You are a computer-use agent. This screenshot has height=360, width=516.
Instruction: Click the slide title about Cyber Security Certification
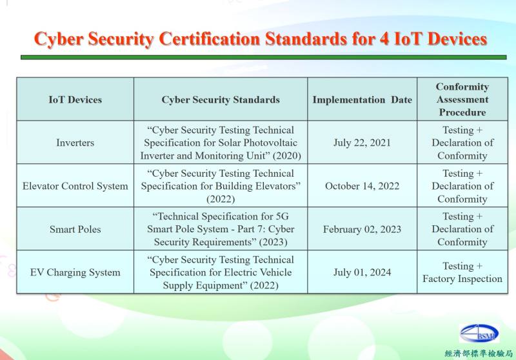[x=260, y=39]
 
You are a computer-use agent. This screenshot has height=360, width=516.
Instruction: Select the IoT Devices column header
[x=75, y=99]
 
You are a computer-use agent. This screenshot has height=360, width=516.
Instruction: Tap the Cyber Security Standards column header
[x=221, y=99]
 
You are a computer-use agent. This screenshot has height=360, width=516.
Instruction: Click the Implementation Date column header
[x=362, y=99]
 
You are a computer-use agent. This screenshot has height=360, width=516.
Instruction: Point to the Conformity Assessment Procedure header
[x=462, y=99]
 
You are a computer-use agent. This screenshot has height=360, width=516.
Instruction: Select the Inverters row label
[x=75, y=143]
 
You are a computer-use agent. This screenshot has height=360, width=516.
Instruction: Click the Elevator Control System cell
[x=75, y=186]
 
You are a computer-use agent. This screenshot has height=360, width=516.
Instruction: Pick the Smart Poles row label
[x=75, y=229]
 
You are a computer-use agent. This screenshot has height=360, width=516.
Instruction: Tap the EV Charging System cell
[x=75, y=272]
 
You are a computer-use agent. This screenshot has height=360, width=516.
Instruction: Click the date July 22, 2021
[x=362, y=143]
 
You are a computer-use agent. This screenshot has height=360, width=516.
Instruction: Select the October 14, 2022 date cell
[x=362, y=186]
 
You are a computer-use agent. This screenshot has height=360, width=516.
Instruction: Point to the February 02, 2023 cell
[x=362, y=229]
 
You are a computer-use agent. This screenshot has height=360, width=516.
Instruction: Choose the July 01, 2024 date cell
[x=362, y=272]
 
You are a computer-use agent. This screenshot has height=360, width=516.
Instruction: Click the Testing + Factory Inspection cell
[x=462, y=272]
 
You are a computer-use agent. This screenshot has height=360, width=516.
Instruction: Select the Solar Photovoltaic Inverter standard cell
[x=221, y=143]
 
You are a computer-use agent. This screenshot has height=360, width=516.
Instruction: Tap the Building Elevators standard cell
[x=221, y=186]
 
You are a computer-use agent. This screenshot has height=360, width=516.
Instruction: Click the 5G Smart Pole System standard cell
[x=221, y=229]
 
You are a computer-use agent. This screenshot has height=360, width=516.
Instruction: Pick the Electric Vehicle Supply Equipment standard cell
[x=221, y=272]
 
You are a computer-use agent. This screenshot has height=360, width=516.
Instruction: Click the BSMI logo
[x=479, y=334]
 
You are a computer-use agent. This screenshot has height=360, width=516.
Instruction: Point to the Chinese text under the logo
[x=478, y=354]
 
